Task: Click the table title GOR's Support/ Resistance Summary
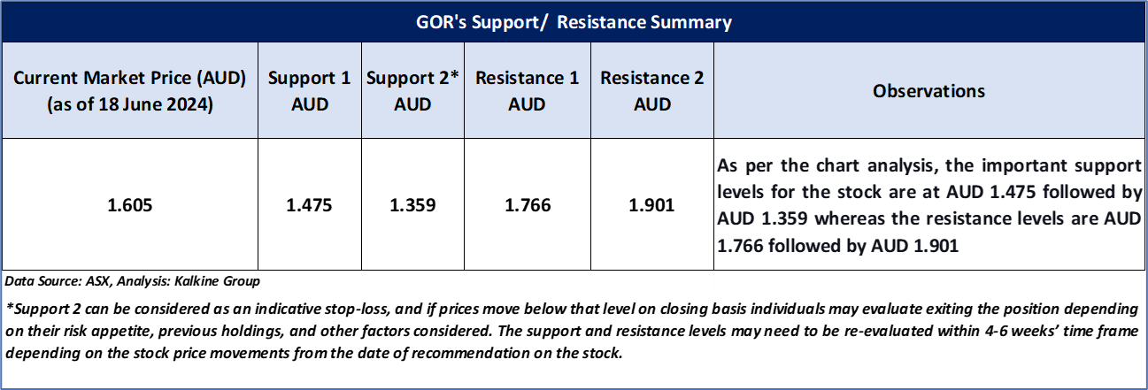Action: click(574, 22)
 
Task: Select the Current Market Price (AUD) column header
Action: click(129, 90)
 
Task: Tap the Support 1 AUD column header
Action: click(310, 90)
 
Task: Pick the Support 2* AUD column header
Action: click(412, 90)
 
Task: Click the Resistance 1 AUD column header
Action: click(528, 90)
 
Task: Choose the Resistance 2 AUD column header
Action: click(652, 90)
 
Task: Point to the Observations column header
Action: click(928, 91)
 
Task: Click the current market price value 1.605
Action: click(129, 205)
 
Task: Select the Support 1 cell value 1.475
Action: click(309, 205)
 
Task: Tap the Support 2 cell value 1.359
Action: click(412, 205)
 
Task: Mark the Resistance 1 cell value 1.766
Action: click(528, 205)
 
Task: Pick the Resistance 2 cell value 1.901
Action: click(652, 205)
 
